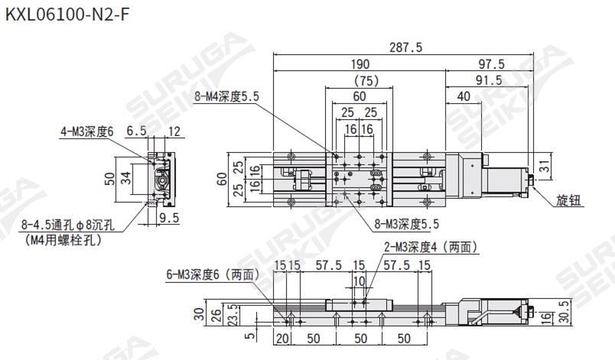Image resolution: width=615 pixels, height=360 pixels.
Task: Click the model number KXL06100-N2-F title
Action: point(63,14)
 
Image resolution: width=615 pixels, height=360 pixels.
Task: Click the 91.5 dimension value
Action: point(488,79)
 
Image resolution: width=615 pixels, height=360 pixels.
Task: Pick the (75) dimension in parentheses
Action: point(360,80)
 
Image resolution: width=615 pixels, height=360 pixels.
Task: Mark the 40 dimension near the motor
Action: point(464,96)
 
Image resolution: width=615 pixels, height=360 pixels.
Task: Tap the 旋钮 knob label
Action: point(568,200)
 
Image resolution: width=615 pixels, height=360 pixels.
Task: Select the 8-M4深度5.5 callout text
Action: point(228,97)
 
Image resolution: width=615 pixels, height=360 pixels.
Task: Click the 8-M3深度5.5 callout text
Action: point(407,225)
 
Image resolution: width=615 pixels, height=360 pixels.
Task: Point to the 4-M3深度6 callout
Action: point(86,131)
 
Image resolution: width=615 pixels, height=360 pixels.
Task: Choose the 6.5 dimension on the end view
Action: point(135,131)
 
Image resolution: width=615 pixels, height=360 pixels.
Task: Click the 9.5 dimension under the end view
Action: point(168,217)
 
